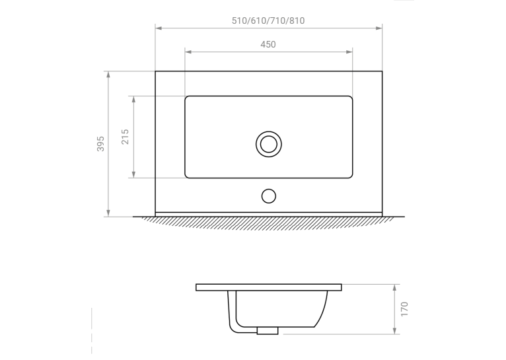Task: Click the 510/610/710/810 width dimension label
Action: coord(268,20)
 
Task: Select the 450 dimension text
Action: coord(268,44)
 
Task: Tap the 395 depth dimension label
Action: coord(100,143)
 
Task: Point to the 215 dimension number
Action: coord(126,137)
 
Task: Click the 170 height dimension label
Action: coord(404,309)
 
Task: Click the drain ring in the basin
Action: coord(268,131)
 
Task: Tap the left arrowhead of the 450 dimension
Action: coord(188,52)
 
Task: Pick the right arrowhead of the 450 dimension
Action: coord(349,52)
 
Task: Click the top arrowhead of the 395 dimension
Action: coord(108,75)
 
